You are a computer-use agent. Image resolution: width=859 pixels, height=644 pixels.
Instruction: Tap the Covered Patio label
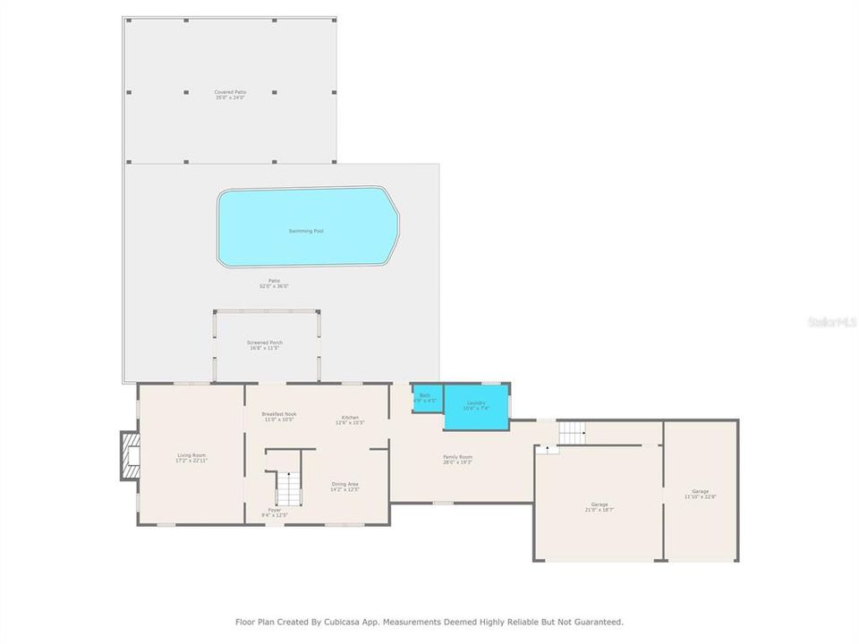click(x=230, y=95)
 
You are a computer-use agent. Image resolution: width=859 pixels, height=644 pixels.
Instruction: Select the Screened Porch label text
click(x=264, y=345)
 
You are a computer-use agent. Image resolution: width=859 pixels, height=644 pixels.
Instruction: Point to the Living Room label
click(x=191, y=457)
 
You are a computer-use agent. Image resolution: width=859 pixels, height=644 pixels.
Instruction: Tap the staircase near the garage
click(x=571, y=433)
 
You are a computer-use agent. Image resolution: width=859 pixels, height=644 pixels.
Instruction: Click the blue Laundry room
click(x=476, y=406)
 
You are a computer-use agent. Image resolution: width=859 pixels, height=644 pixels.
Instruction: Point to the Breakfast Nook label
click(x=278, y=416)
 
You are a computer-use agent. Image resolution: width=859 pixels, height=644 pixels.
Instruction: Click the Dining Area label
click(x=344, y=486)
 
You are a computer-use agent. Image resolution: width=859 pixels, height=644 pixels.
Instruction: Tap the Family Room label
click(x=457, y=459)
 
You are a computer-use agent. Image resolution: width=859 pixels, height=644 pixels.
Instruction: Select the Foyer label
click(x=274, y=512)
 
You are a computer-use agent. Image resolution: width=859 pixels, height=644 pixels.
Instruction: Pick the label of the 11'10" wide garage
click(x=700, y=494)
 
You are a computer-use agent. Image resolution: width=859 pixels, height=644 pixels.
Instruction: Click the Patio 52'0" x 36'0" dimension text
click(x=273, y=286)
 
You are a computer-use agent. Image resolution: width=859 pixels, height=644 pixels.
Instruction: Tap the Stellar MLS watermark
click(x=831, y=321)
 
